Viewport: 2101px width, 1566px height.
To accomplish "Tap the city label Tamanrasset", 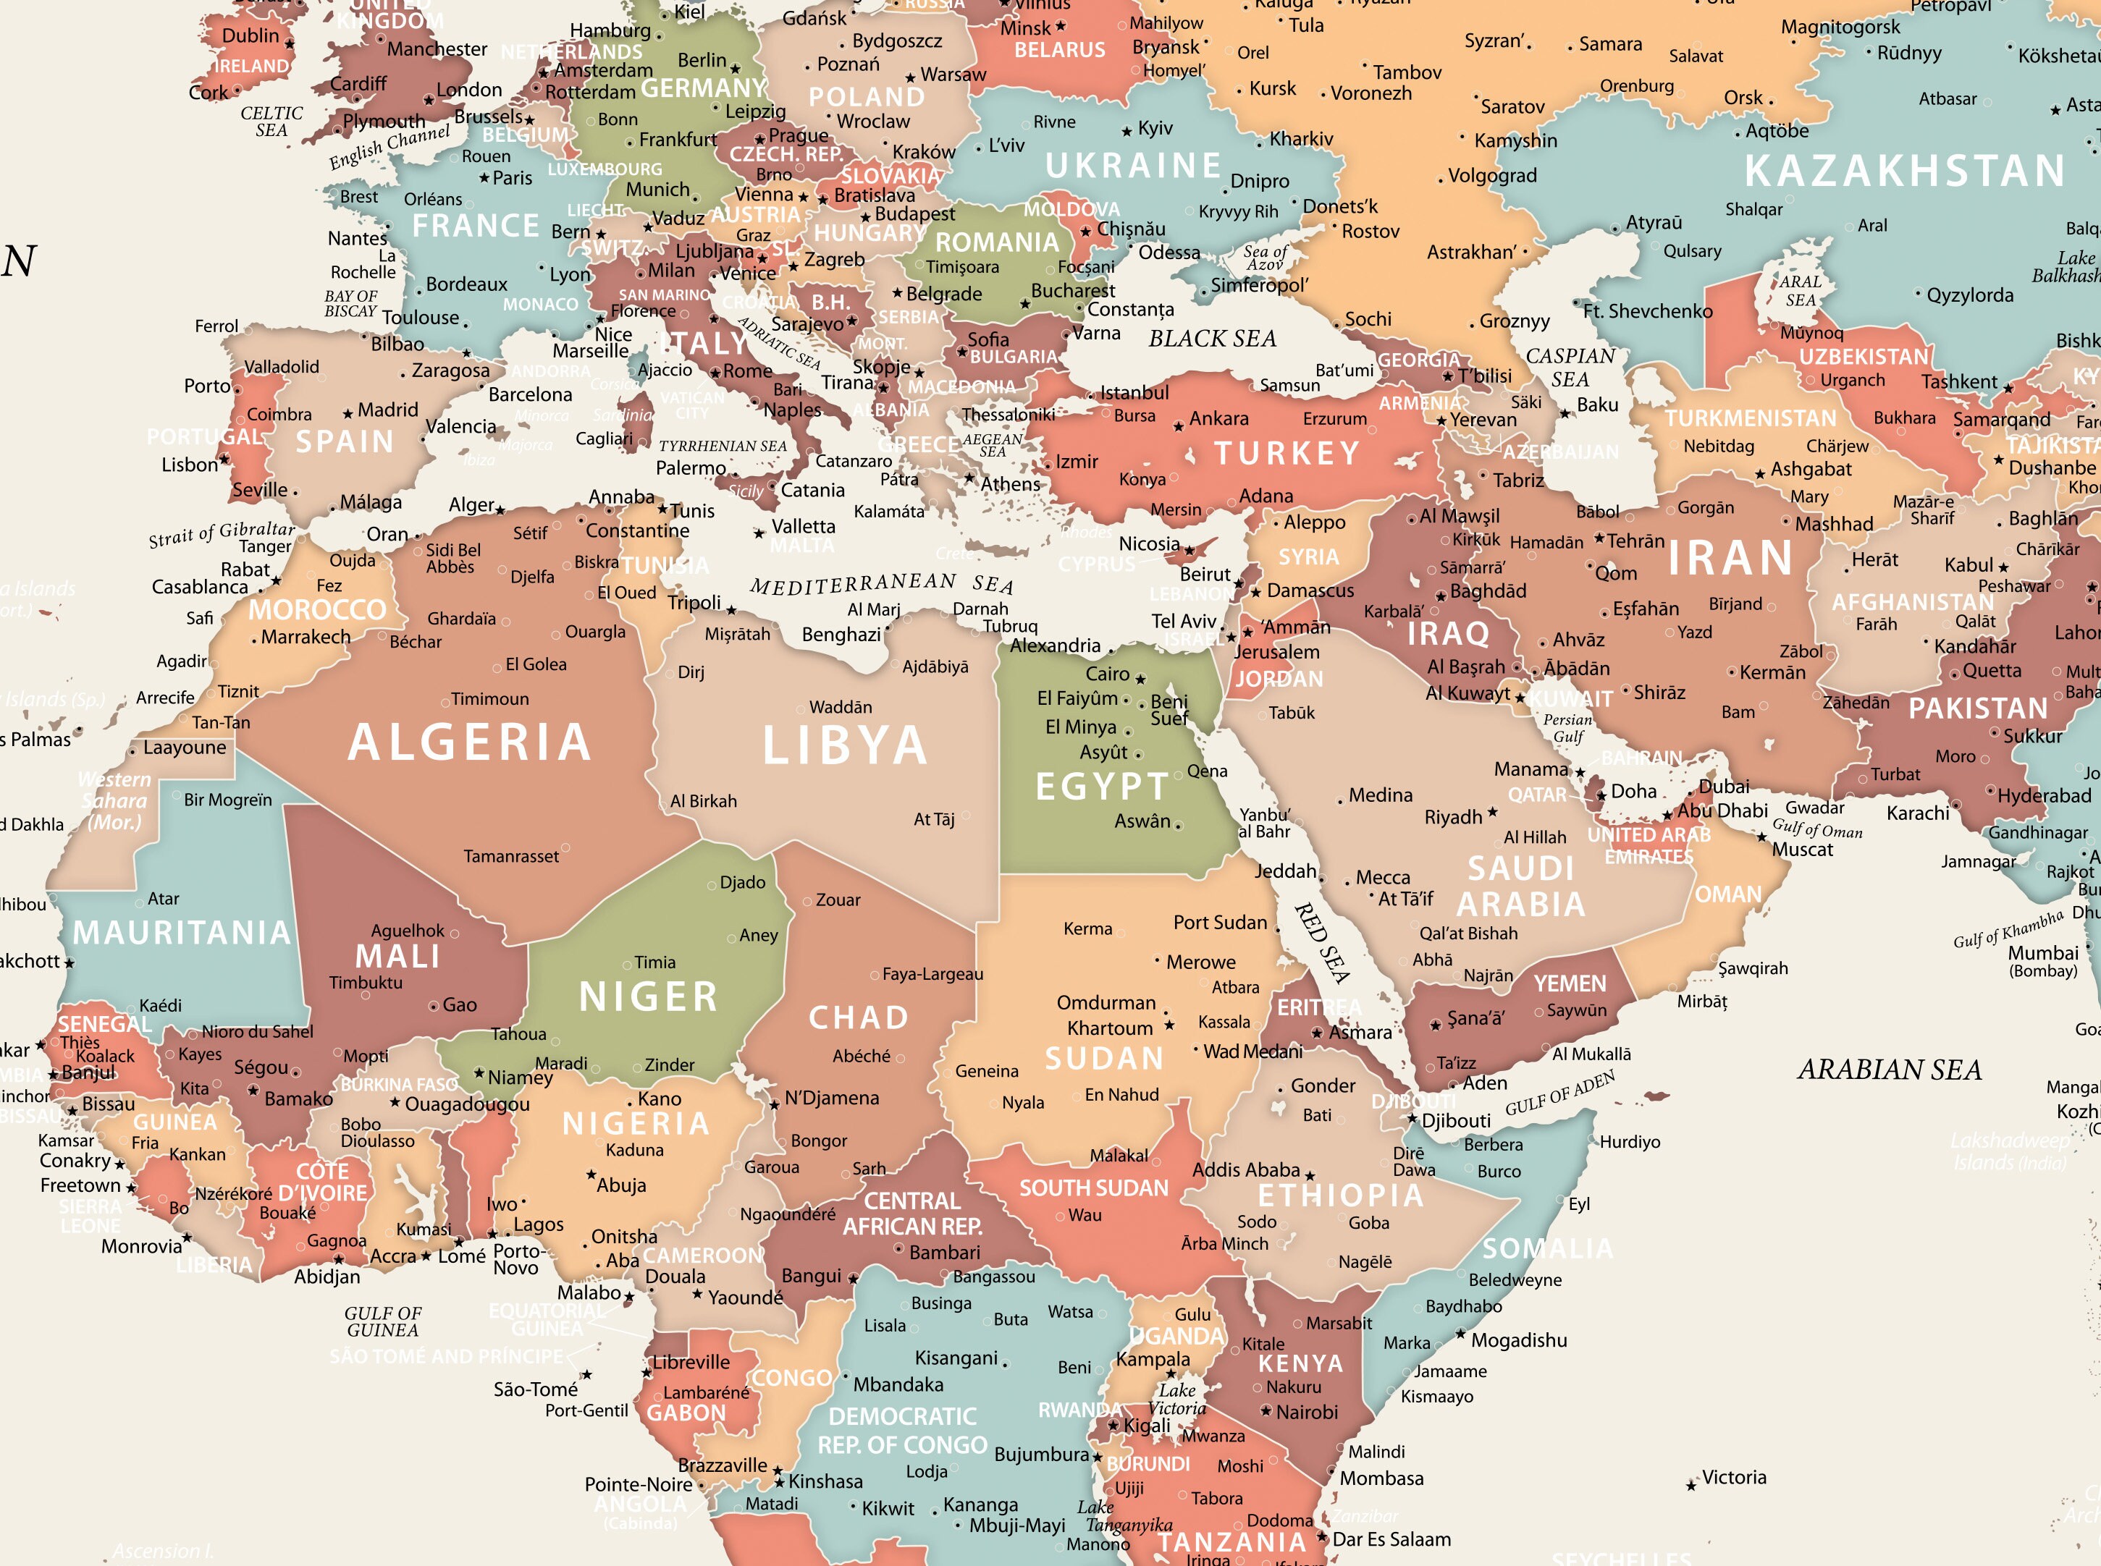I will point(511,857).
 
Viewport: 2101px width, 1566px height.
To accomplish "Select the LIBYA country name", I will point(845,746).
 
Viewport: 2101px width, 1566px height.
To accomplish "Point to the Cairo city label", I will point(1108,674).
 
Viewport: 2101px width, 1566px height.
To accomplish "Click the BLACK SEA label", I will point(1212,339).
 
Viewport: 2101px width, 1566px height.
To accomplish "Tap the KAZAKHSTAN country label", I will point(1904,172).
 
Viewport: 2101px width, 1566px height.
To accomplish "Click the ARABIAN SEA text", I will point(1889,1070).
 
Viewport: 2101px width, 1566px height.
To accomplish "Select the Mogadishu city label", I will point(1518,1340).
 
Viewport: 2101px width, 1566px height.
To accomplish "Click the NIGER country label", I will point(649,997).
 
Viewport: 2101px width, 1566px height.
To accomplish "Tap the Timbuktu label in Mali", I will point(366,983).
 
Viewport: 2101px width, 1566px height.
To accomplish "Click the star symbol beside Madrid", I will point(348,414).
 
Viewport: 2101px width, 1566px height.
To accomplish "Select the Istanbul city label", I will point(1134,392).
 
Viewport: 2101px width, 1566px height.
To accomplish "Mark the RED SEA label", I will point(1322,942).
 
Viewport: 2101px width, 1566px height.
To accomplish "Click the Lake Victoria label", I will point(1176,1399).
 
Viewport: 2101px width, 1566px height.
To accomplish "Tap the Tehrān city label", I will point(1635,541).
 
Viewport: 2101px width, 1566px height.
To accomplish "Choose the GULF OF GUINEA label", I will point(383,1321).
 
